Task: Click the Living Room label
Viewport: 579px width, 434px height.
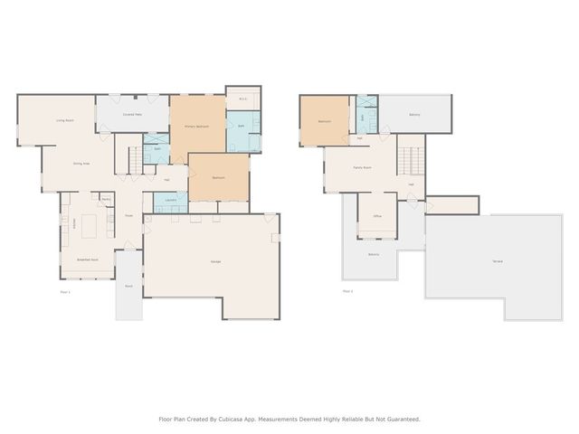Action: tap(64, 120)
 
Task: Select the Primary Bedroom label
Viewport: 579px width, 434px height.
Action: tap(196, 127)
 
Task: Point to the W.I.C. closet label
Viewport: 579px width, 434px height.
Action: tap(243, 99)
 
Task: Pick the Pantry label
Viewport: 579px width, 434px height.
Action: tap(106, 198)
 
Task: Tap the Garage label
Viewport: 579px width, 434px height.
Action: tap(217, 261)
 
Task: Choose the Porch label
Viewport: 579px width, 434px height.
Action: tap(128, 286)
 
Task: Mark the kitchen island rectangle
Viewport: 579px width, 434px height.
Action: tap(91, 225)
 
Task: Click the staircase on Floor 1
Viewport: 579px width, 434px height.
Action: tap(132, 161)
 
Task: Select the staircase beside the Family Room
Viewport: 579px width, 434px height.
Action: tap(410, 161)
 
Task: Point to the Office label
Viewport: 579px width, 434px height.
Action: tap(377, 217)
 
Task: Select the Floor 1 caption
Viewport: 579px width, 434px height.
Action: tap(65, 292)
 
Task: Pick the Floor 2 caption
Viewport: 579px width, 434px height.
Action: tap(347, 291)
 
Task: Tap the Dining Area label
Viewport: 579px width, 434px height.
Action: tap(81, 164)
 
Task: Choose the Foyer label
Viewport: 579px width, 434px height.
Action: tap(128, 215)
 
